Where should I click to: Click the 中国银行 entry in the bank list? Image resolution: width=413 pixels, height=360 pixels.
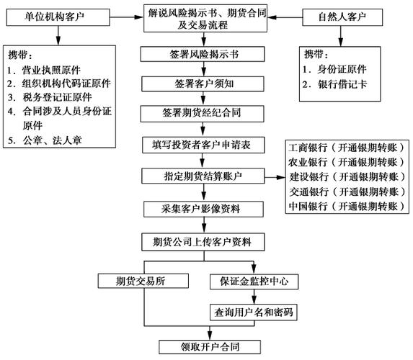tap(343, 206)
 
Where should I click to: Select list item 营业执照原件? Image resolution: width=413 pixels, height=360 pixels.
tap(53, 70)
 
